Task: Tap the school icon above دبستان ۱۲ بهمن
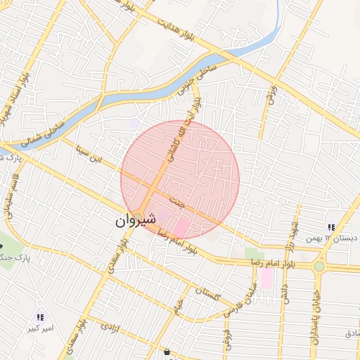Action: [330, 227]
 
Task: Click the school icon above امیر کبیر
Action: [40, 317]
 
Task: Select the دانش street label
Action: [284, 294]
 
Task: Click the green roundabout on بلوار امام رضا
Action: [319, 266]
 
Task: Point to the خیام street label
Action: [179, 307]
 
